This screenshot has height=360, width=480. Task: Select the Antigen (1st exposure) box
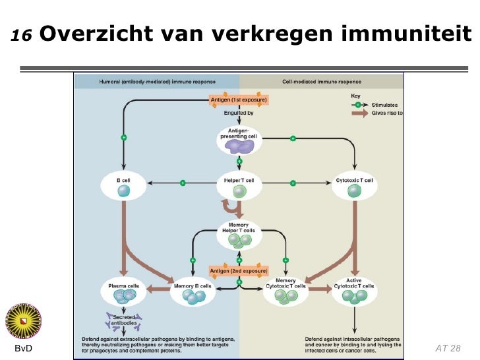(x=239, y=100)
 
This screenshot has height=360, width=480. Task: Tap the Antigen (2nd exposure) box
(x=239, y=271)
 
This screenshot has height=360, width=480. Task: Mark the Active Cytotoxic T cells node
(x=355, y=292)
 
